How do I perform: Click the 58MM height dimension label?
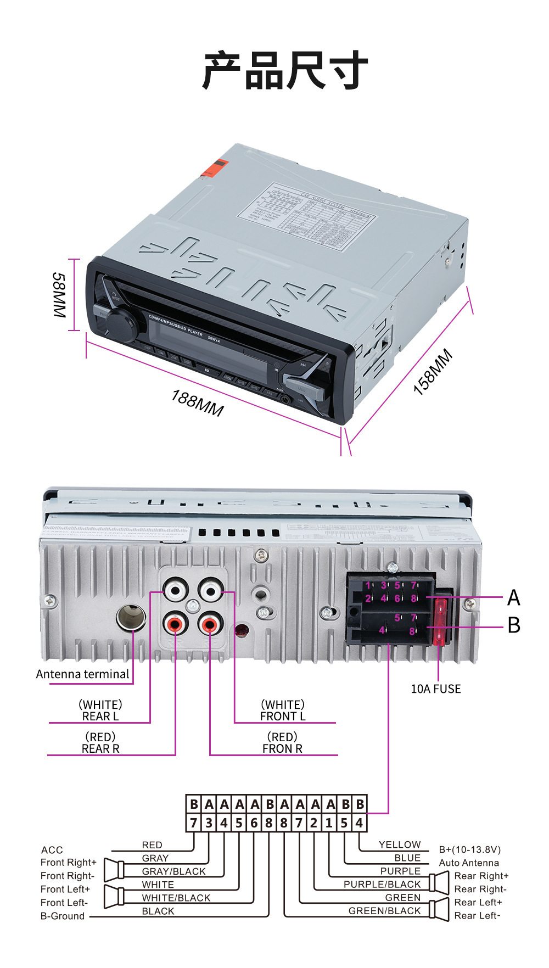click(x=59, y=295)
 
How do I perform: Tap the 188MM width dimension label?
click(x=198, y=403)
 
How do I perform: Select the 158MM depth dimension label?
click(x=433, y=372)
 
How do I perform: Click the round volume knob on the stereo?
click(x=120, y=324)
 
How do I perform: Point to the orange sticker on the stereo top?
click(x=215, y=167)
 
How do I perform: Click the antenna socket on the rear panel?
click(x=131, y=617)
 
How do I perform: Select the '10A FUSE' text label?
click(x=436, y=689)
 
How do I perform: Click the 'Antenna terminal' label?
click(x=83, y=674)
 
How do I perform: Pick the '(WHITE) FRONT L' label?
click(x=283, y=710)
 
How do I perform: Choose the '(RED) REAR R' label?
click(x=100, y=743)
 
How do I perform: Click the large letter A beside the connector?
click(x=514, y=597)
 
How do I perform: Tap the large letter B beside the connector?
click(x=514, y=625)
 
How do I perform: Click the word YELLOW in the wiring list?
click(x=400, y=844)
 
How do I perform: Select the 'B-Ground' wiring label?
click(x=63, y=916)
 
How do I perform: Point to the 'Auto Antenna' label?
click(x=469, y=863)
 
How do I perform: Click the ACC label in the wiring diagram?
click(x=52, y=850)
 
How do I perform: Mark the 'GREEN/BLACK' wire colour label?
click(x=385, y=911)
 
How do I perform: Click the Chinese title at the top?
click(x=285, y=70)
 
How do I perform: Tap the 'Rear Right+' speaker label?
click(x=481, y=876)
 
